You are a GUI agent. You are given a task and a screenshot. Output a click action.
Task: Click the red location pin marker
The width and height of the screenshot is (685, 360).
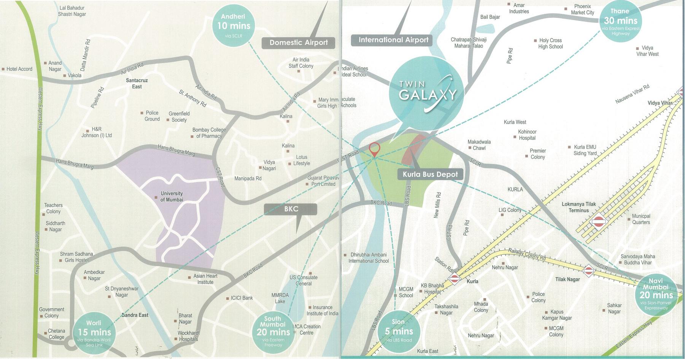pyautogui.click(x=374, y=149)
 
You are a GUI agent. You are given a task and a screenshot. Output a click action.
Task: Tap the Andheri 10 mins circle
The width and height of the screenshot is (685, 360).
pyautogui.click(x=234, y=25)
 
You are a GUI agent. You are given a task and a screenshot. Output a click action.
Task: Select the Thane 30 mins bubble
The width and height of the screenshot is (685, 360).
pyautogui.click(x=620, y=22)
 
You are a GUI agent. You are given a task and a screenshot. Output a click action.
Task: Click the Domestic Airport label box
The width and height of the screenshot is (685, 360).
pyautogui.click(x=299, y=43)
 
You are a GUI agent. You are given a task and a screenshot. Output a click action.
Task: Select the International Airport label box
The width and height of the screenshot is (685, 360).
pyautogui.click(x=393, y=40)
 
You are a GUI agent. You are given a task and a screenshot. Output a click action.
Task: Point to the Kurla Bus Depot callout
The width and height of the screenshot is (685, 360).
pyautogui.click(x=430, y=174)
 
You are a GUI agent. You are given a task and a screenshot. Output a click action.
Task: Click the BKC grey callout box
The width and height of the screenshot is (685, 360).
pyautogui.click(x=291, y=209)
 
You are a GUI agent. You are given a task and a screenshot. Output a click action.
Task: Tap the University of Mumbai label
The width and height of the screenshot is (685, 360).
pyautogui.click(x=171, y=197)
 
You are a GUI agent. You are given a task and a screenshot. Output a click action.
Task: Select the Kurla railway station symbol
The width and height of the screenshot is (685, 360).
pyautogui.click(x=454, y=278)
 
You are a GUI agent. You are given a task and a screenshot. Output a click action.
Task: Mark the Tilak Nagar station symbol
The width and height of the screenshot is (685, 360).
pyautogui.click(x=588, y=270)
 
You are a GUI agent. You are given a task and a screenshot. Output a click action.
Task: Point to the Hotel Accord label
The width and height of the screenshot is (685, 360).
pyautogui.click(x=19, y=69)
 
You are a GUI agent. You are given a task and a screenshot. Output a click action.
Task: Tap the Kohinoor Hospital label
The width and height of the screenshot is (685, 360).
pyautogui.click(x=527, y=135)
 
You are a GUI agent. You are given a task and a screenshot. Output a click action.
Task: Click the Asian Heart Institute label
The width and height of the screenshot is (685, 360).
pyautogui.click(x=205, y=279)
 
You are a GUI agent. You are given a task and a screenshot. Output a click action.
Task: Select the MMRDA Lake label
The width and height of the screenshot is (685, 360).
pyautogui.click(x=280, y=298)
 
